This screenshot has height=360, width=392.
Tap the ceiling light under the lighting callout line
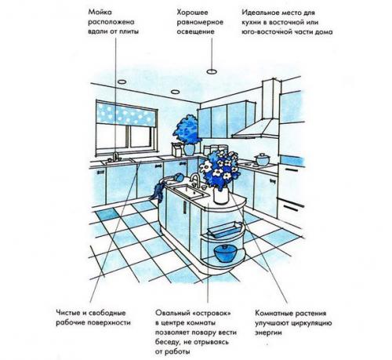(x=212, y=71)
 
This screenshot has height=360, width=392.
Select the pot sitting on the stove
(x=262, y=159)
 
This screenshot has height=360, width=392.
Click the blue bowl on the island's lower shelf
(x=225, y=253)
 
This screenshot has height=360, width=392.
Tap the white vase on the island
(x=221, y=195)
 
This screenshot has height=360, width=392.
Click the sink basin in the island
(x=191, y=191)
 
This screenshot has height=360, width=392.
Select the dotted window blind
(x=127, y=114)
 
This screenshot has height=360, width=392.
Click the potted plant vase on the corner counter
(x=189, y=150)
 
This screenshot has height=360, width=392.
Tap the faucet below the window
(x=115, y=156)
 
